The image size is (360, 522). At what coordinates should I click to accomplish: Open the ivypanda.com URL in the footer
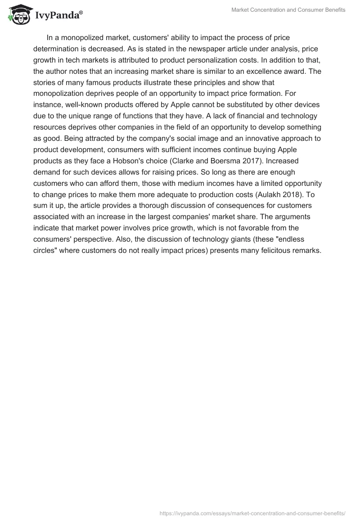coord(252,513)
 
